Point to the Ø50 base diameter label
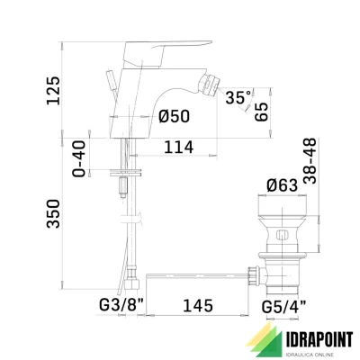[x=173, y=116]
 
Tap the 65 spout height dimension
[x=261, y=112]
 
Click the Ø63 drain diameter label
[x=283, y=187]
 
